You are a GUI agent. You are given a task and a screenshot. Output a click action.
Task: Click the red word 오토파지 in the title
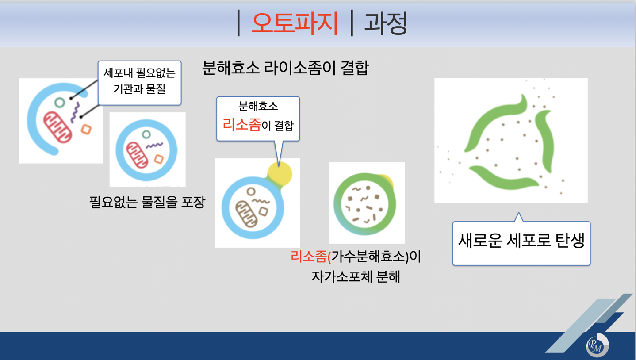pos(295,23)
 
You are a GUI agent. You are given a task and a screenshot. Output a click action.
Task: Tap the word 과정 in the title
pos(386,23)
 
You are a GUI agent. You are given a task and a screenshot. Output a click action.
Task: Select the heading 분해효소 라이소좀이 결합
pos(285,68)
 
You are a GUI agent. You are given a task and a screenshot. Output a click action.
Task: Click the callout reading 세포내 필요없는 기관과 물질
pos(139,82)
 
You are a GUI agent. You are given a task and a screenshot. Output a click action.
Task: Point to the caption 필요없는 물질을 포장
pos(147,202)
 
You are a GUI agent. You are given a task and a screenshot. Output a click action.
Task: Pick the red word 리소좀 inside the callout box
pos(241,125)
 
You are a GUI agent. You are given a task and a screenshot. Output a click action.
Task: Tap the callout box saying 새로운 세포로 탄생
pos(521,242)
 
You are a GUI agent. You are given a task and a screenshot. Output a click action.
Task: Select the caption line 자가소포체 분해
pos(356,276)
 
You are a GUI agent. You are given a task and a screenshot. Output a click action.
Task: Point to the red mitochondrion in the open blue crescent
pos(58,127)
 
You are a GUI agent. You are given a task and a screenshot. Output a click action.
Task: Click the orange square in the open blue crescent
pos(86,129)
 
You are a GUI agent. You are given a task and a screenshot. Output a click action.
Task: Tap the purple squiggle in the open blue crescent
pos(76,112)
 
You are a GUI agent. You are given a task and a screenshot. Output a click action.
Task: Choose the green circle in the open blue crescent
pos(59,103)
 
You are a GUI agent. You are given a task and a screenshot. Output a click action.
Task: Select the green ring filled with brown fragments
pos(364,203)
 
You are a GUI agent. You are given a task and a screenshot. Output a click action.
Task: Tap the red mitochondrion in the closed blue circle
pos(137,154)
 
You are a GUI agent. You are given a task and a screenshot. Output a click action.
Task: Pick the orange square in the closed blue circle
pos(159,159)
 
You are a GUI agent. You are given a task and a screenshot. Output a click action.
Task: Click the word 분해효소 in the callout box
pos(258,107)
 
